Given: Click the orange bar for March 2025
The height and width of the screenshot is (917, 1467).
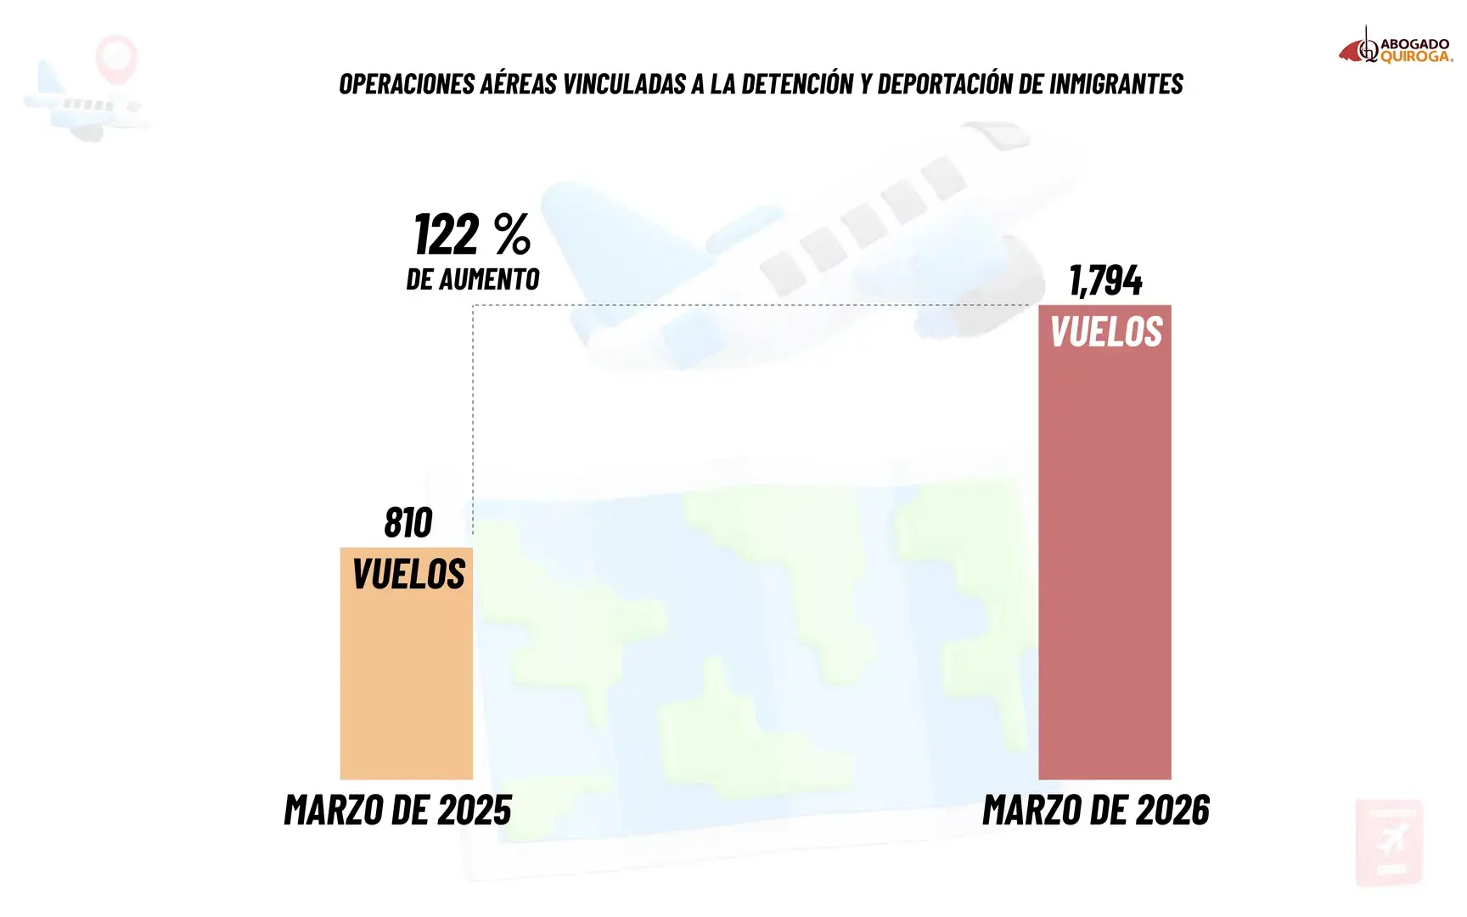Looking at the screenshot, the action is (x=407, y=663).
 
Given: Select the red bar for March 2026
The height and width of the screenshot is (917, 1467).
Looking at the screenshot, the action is (x=1104, y=542).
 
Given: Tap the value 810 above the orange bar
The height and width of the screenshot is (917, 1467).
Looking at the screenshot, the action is (x=408, y=522).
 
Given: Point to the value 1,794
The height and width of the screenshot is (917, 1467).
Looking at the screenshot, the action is (x=1105, y=280).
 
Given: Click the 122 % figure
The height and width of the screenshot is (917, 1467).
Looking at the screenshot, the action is (x=473, y=234).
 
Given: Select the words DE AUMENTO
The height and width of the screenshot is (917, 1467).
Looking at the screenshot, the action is (x=473, y=278).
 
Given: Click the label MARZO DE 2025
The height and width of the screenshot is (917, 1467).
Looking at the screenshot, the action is (x=398, y=810).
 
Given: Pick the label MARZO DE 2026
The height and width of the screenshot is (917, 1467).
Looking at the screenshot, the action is (x=1096, y=810).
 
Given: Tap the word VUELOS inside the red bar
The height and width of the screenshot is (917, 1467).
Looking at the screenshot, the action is (x=1106, y=331).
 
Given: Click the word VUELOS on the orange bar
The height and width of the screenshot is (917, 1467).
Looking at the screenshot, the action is (x=408, y=574).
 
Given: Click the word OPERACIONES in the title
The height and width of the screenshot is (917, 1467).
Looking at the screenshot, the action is (x=407, y=84).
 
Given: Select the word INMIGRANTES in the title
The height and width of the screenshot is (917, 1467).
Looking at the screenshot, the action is (x=1116, y=84).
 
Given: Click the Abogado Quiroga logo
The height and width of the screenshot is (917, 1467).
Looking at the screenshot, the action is (x=1396, y=47).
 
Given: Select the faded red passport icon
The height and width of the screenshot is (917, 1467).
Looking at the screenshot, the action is (x=1389, y=841).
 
